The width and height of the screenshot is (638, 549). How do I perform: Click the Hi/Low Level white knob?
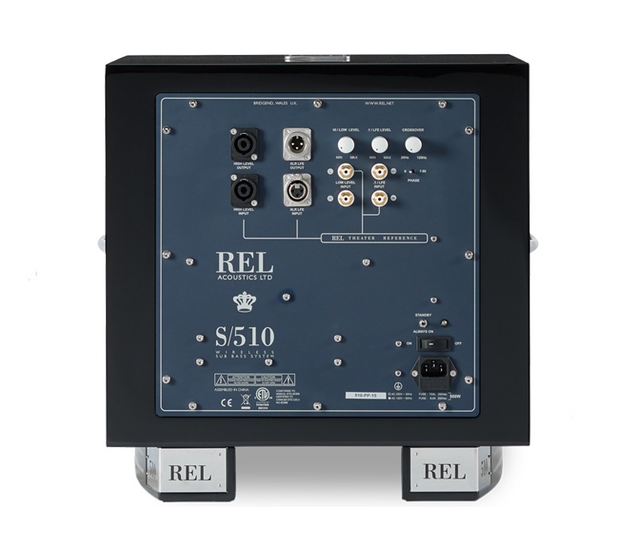click(x=345, y=144)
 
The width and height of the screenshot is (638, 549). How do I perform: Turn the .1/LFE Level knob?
click(x=380, y=144)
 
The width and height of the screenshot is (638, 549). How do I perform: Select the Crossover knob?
click(x=413, y=144)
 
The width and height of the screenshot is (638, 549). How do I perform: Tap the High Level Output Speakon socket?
click(x=242, y=146)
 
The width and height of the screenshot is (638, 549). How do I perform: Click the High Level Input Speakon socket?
click(x=242, y=190)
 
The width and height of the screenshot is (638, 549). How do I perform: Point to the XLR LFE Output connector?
click(x=297, y=145)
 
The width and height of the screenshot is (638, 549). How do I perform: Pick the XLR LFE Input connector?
click(x=297, y=190)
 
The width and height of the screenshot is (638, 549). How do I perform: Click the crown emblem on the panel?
click(x=243, y=301)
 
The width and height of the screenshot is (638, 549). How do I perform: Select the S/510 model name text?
click(x=244, y=335)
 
